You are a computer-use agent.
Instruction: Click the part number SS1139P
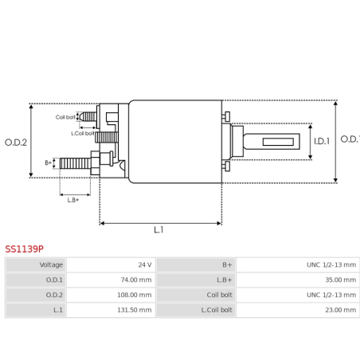pos(25,248)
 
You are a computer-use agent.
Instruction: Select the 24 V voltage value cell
pos(111,264)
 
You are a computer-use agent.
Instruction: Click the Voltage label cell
pos(36,264)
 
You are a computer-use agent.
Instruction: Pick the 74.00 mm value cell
pos(111,280)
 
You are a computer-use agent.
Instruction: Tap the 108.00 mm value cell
pos(111,295)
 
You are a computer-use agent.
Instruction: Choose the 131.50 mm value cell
pos(111,310)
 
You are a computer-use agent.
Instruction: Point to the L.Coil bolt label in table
pos(196,310)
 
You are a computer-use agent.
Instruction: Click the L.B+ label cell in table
pos(196,280)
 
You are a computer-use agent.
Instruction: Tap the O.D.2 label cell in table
pos(36,295)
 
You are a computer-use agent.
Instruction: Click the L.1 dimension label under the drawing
pos(158,230)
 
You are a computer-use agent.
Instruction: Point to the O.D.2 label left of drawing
pos(15,143)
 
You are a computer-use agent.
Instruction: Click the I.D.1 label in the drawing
pos(321,142)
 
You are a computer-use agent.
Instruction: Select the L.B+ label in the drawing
pos(73,200)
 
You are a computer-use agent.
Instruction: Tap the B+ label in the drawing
pos(49,162)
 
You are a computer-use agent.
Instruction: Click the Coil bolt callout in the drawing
pos(65,117)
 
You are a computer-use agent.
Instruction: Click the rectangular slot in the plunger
pos(277,143)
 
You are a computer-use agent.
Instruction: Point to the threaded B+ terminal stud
pos(76,163)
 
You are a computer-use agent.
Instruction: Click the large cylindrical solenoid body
pos(175,142)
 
